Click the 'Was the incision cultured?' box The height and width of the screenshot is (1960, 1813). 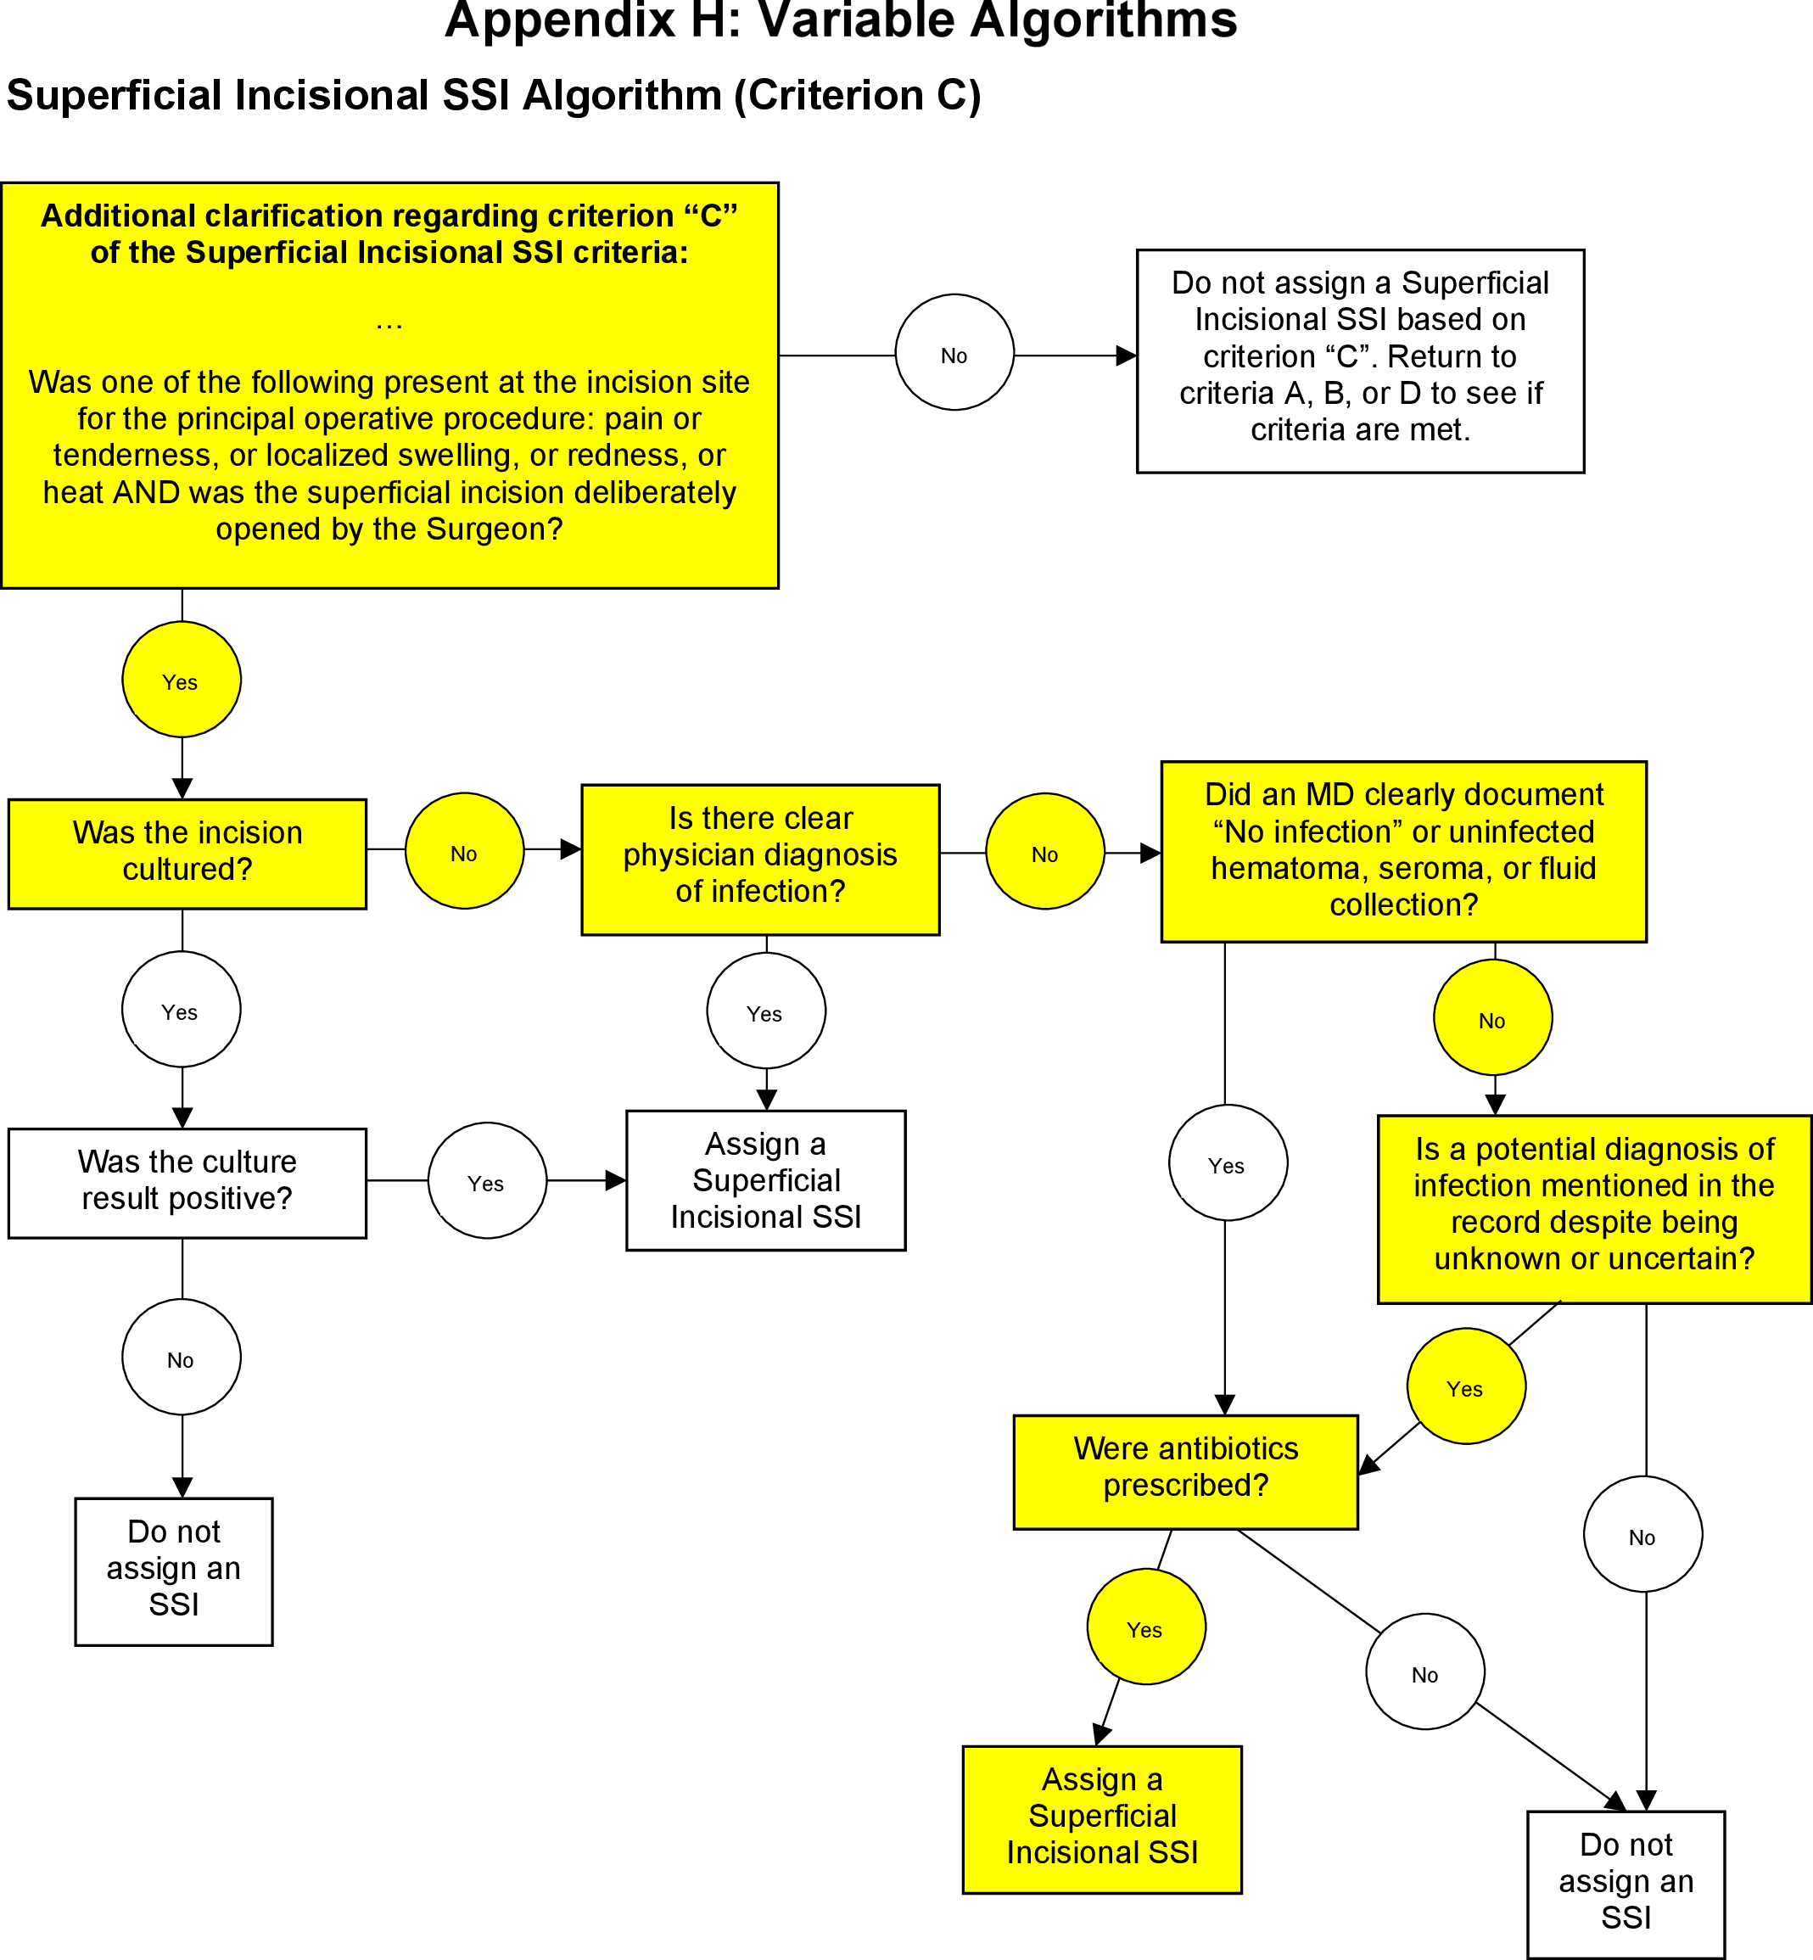[187, 853]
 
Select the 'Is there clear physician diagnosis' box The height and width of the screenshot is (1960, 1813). [759, 859]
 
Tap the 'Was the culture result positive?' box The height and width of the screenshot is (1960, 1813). [187, 1182]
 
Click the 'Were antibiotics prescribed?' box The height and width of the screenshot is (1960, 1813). [1184, 1470]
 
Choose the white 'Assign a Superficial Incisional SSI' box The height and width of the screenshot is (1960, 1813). [765, 1179]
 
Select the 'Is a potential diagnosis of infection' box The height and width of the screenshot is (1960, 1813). [1592, 1207]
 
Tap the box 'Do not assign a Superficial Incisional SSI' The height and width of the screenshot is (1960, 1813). [1359, 360]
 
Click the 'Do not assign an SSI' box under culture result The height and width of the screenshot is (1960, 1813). [174, 1571]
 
